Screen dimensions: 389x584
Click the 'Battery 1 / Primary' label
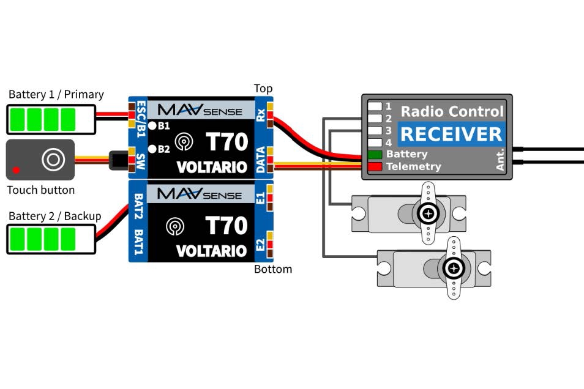[56, 95]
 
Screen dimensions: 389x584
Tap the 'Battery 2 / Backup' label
[54, 216]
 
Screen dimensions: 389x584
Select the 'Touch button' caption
[40, 190]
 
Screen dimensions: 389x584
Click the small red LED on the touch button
[17, 169]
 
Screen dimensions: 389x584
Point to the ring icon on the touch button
[53, 160]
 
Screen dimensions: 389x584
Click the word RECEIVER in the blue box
[451, 134]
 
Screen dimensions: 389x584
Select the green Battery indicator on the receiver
[375, 155]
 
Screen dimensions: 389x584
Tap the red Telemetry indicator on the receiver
[375, 166]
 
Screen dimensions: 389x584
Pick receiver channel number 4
[388, 143]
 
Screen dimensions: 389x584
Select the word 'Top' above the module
[263, 89]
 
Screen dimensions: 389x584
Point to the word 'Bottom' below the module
[273, 269]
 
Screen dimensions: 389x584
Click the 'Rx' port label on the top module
[261, 114]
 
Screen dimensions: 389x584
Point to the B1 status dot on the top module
[152, 126]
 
